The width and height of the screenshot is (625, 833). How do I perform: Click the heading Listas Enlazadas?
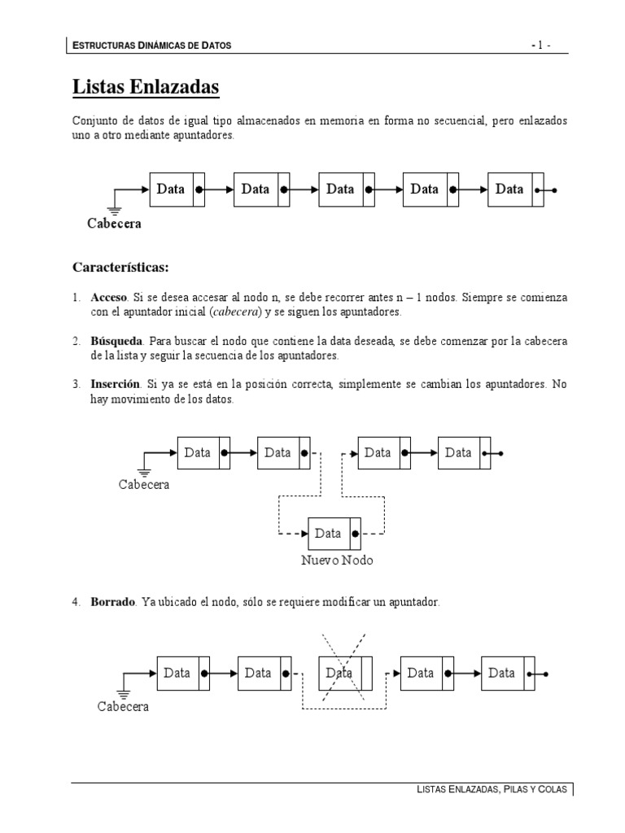tap(146, 85)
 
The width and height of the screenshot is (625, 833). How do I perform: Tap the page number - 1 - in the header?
tap(541, 46)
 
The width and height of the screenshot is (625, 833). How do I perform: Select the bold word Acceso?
tap(109, 299)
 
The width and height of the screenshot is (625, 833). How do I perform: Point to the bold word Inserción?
tap(116, 382)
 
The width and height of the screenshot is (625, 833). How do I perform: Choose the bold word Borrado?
tap(113, 603)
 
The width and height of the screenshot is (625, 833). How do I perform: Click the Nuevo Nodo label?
tap(337, 560)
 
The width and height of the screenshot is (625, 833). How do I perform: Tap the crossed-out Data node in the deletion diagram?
tap(339, 673)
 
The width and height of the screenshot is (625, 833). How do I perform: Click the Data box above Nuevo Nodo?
tap(329, 534)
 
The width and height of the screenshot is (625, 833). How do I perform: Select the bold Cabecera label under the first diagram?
tap(114, 224)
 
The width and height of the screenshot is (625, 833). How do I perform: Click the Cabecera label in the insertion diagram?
tap(144, 485)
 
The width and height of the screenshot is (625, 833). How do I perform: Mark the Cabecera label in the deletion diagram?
tap(123, 707)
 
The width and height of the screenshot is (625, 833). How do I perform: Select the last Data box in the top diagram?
tap(509, 190)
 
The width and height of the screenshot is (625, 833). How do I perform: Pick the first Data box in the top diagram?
tap(171, 190)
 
